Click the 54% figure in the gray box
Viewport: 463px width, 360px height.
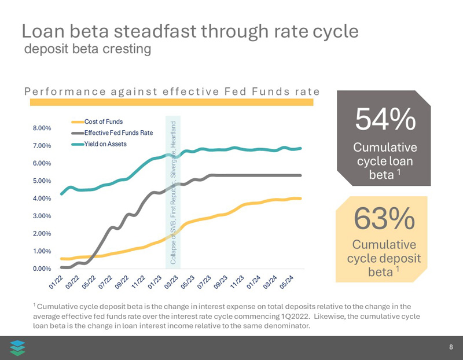pos(385,119)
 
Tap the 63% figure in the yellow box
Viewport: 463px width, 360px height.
pos(384,219)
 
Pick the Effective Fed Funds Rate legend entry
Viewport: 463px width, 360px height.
pos(119,133)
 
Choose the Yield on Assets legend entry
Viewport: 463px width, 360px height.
pos(105,144)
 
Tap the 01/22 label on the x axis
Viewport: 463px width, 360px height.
pos(56,282)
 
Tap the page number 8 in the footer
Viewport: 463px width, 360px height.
pos(451,348)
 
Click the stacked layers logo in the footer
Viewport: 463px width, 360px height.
pos(18,347)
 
